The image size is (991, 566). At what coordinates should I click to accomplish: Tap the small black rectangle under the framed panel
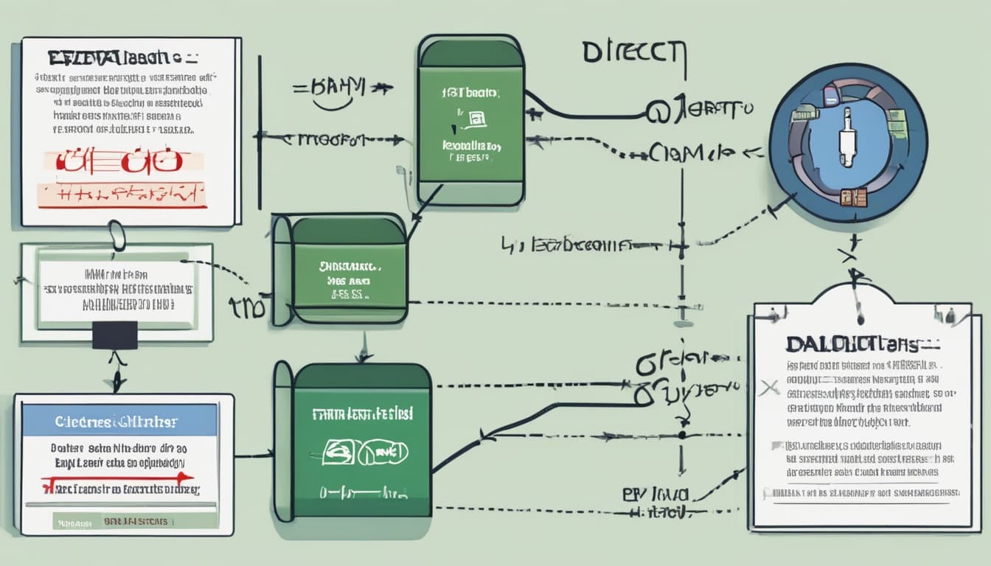coord(114,335)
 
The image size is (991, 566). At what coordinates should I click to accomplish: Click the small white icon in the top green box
coord(475,117)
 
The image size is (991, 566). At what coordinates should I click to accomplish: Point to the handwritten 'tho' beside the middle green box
coord(247,308)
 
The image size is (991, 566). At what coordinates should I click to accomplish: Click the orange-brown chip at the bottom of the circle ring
coord(853,197)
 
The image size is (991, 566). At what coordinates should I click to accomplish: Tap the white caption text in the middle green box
coord(350,281)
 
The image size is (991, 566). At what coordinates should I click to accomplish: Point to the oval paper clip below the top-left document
coord(117,237)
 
